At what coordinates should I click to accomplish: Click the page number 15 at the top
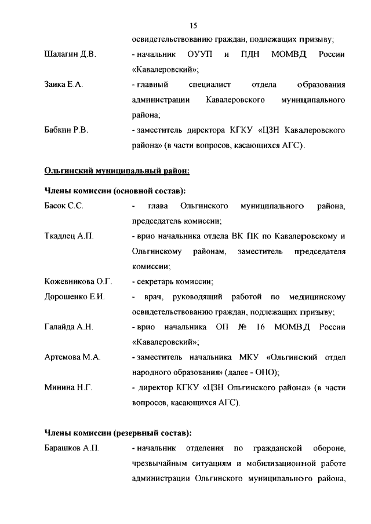[x=194, y=25]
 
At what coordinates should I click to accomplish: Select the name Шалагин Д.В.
[x=70, y=54]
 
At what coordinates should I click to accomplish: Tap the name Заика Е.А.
[x=64, y=85]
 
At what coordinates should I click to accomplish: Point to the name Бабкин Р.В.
[x=66, y=130]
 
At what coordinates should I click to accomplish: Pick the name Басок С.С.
[x=64, y=206]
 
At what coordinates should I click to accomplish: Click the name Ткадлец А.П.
[x=68, y=236]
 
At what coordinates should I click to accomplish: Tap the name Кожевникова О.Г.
[x=78, y=281]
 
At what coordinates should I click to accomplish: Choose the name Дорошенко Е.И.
[x=74, y=297]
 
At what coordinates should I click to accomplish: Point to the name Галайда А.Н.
[x=69, y=327]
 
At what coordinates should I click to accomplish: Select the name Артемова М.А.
[x=72, y=357]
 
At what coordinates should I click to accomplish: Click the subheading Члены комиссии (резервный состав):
[x=118, y=433]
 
